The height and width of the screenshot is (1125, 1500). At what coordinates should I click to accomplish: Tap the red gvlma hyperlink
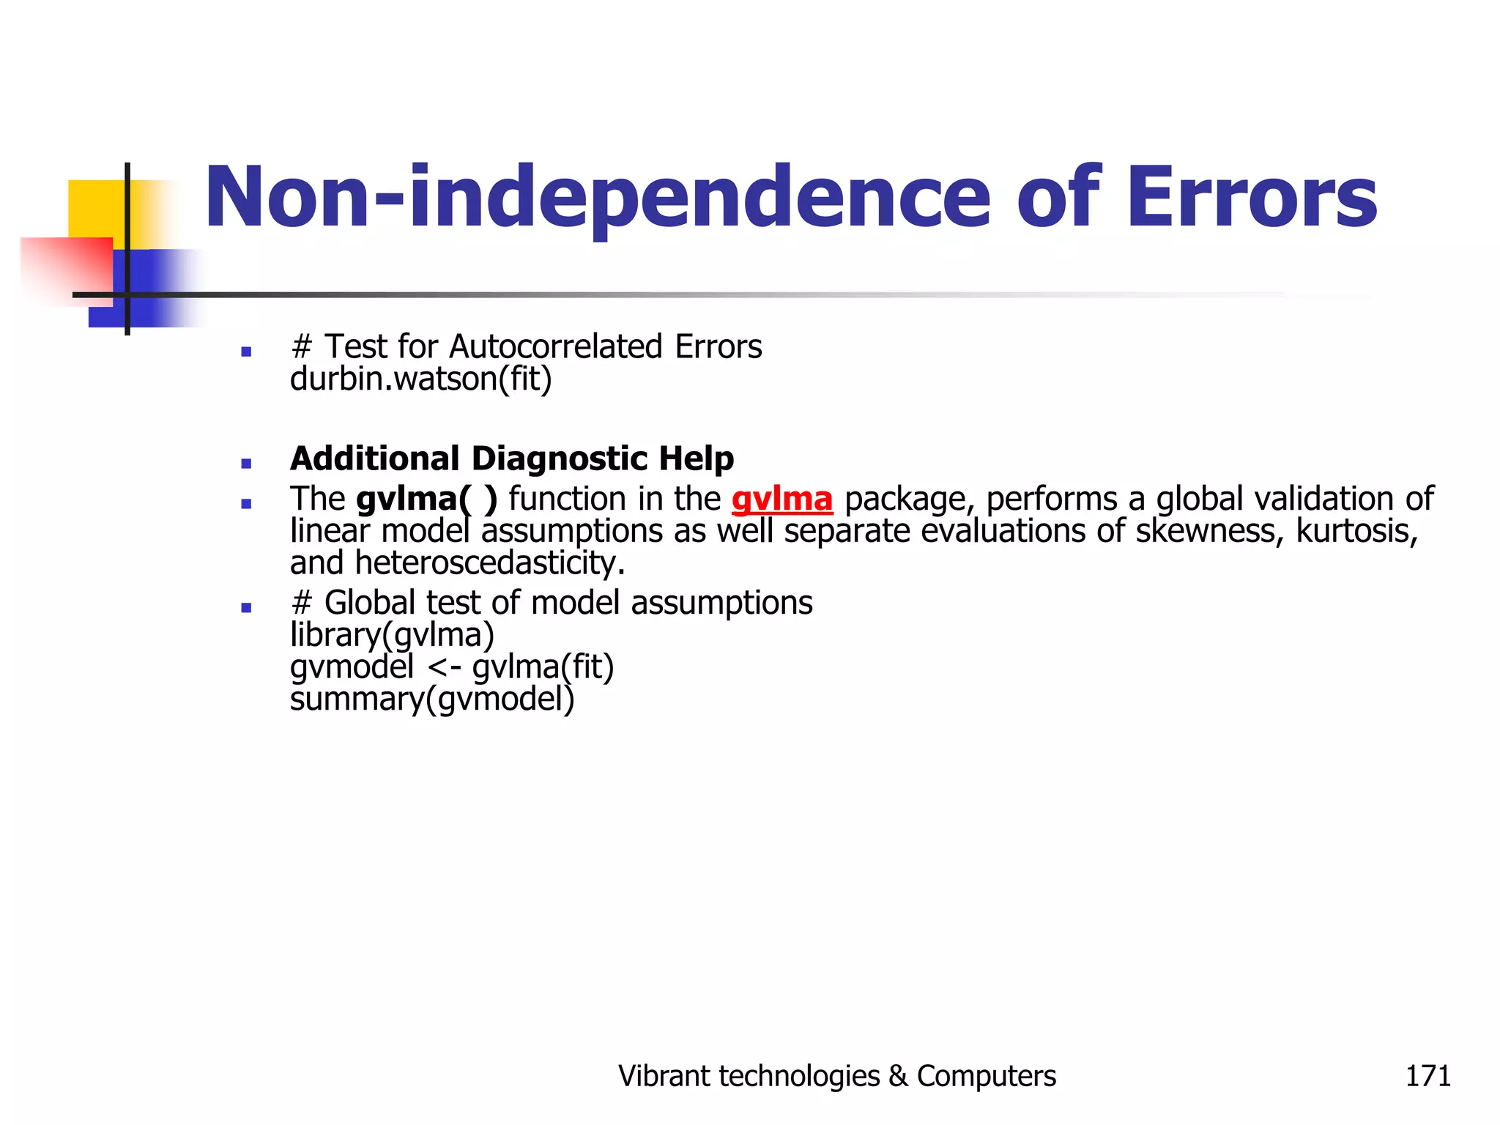tap(782, 500)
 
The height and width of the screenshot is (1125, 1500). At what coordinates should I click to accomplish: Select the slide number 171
tap(1427, 1076)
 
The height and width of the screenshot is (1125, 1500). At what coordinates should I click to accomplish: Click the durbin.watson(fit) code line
tap(420, 379)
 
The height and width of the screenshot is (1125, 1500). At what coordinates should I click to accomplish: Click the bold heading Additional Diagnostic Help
tap(512, 459)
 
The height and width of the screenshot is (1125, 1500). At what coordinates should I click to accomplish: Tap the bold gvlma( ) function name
tap(426, 500)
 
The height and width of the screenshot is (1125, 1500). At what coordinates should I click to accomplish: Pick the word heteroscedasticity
tap(489, 563)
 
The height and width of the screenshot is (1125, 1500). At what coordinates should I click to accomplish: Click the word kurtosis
tap(1356, 531)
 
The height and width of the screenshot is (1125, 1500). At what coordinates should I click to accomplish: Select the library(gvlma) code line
tap(392, 635)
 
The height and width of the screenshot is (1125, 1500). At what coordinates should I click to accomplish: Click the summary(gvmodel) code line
tap(432, 699)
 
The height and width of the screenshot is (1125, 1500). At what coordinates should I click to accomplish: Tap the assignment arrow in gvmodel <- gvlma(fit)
tap(443, 667)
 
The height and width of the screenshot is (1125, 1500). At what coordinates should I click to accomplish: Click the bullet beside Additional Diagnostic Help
tap(246, 464)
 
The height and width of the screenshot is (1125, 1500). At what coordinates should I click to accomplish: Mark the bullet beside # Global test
tap(246, 608)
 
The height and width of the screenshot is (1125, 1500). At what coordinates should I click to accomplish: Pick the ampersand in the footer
tap(898, 1076)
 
